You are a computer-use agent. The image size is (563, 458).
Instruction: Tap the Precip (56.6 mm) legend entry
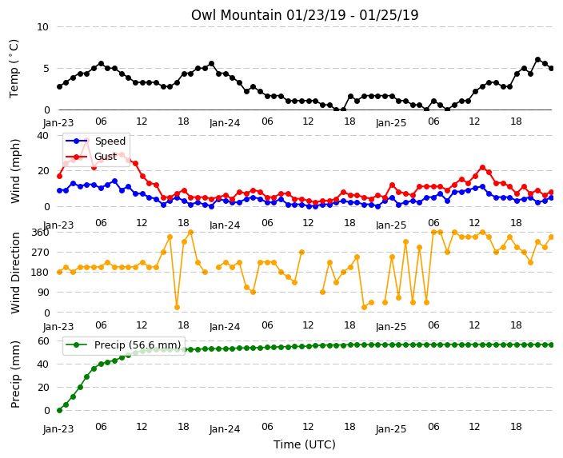123,345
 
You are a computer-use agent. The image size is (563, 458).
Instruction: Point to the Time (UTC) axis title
305,444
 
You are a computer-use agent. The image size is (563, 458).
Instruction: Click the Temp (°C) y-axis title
14,69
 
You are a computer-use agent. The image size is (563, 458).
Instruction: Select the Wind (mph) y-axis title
15,171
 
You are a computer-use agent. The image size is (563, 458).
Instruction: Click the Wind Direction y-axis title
15,273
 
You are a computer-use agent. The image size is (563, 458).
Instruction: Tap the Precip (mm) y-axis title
15,374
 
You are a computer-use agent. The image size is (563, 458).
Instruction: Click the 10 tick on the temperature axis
42,27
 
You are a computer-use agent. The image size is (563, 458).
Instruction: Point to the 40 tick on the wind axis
42,136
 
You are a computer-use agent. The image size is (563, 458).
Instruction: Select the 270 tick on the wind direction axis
40,253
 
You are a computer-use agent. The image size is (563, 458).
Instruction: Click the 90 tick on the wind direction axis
43,293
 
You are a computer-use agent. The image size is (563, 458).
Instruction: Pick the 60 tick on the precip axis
43,341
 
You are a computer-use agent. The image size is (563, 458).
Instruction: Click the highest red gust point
86,141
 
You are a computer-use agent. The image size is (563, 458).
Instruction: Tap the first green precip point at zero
60,410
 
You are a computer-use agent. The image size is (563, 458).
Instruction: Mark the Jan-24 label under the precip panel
225,429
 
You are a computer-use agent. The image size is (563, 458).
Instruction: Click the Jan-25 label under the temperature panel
391,123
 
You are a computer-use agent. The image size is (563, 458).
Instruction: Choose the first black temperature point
60,86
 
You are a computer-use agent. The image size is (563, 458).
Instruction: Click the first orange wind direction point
60,272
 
